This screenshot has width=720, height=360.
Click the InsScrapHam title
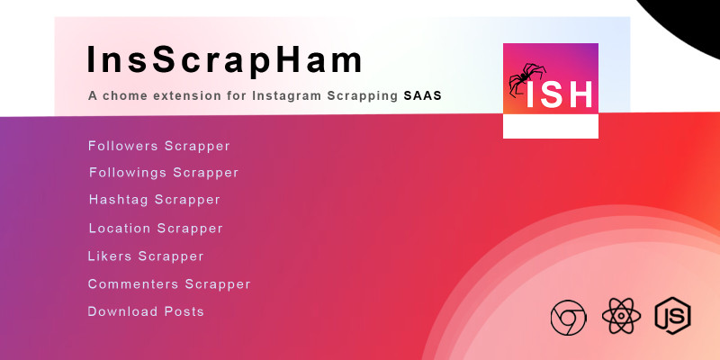pos(224,59)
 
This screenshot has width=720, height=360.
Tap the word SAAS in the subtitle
pos(422,96)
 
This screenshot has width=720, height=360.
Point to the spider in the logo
pos(526,78)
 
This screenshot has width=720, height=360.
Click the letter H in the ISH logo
pos(580,94)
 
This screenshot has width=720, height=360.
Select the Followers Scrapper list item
pos(159,146)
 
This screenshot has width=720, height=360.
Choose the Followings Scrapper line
pos(164,173)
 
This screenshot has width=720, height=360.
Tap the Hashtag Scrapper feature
pos(155,200)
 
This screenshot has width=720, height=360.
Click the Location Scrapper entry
pos(156,229)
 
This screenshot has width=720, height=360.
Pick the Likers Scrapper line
pos(146,256)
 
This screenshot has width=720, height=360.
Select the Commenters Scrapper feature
pos(169,284)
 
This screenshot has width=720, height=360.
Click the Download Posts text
pos(146,311)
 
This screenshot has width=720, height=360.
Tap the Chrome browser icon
pos(568,318)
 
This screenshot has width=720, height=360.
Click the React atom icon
pos(621,316)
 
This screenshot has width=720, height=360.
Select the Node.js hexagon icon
pos(672,316)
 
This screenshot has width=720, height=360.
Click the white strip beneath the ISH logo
pos(551,126)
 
